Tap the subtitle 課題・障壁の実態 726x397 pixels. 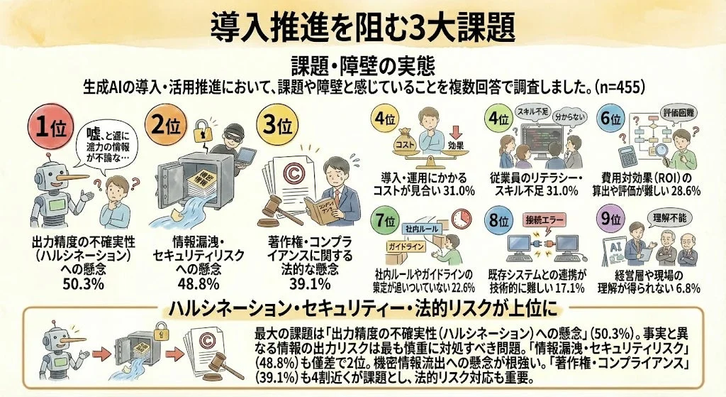point(362,65)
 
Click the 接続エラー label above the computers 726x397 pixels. point(544,219)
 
